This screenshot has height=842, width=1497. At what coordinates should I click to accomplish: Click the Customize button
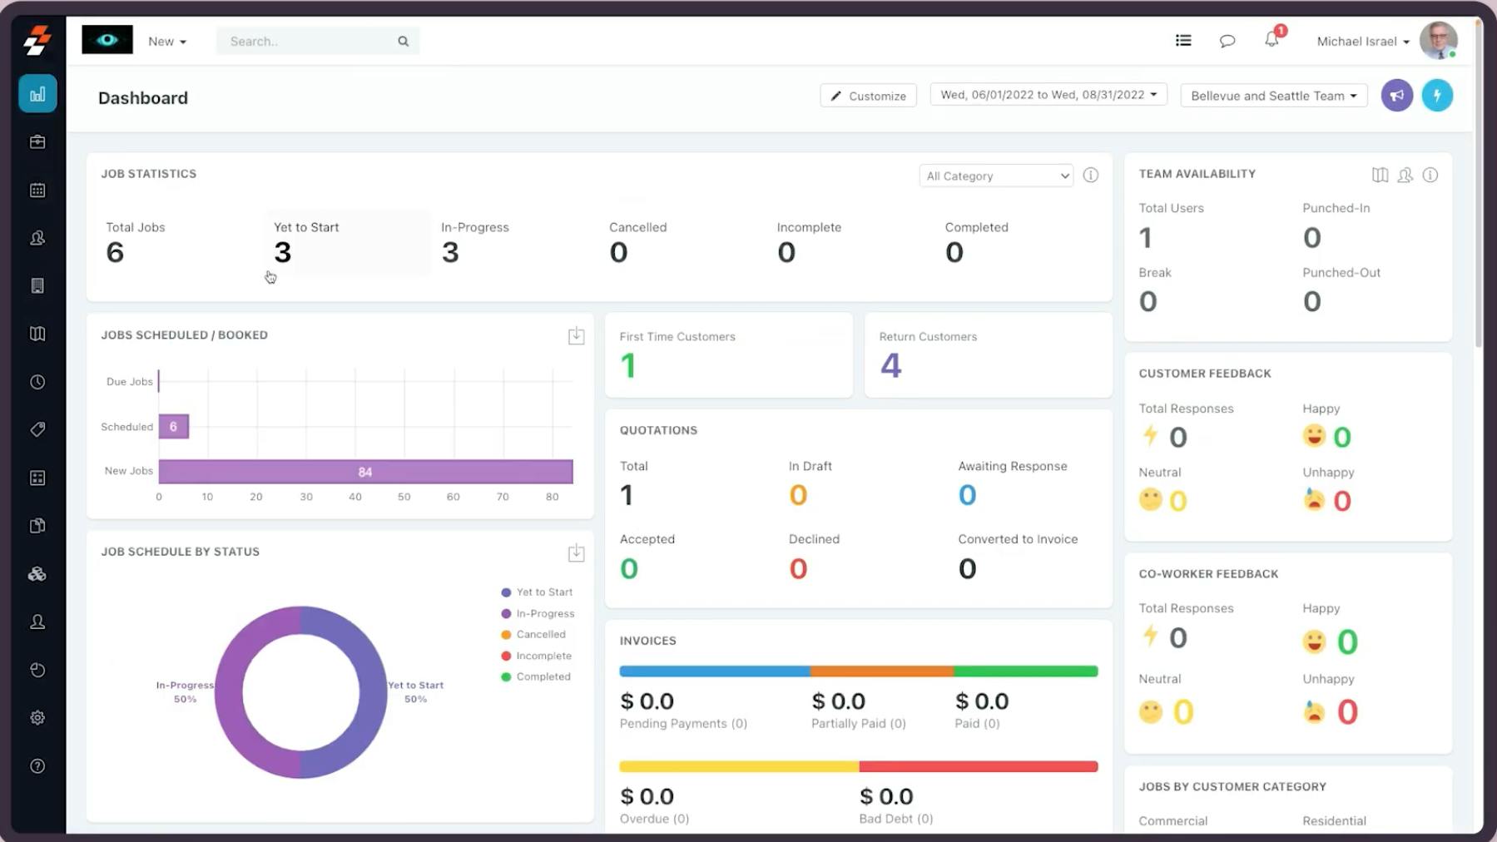tap(868, 96)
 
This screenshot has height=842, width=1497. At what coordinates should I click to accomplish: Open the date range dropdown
tap(1048, 95)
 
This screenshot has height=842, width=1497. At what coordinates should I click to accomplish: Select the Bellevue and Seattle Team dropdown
tap(1273, 96)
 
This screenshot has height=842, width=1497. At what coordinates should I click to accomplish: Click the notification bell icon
tap(1271, 40)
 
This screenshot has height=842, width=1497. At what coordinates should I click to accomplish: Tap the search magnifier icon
tap(403, 41)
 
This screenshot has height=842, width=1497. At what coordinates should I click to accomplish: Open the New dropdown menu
tap(166, 41)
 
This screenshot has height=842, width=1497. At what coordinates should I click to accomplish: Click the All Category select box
tap(996, 176)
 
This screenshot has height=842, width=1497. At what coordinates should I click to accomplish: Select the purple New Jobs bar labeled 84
tap(365, 472)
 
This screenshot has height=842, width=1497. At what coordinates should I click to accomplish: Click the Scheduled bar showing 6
tap(173, 427)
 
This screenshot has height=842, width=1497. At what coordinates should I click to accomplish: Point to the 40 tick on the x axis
tap(355, 497)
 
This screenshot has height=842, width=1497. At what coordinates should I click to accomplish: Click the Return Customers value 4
tap(890, 365)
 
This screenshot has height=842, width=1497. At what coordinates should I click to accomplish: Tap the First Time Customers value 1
tap(628, 365)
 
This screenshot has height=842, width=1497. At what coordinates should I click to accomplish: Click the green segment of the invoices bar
tap(1025, 671)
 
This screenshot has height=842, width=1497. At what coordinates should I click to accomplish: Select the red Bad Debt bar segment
tap(978, 766)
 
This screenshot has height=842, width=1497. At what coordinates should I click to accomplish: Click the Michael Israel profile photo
tap(1437, 40)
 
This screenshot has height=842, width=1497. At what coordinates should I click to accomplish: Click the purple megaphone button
tap(1396, 96)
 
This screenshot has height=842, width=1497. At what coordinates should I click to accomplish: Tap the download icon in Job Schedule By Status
tap(576, 552)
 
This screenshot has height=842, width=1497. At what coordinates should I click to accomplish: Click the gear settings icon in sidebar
tap(37, 718)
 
